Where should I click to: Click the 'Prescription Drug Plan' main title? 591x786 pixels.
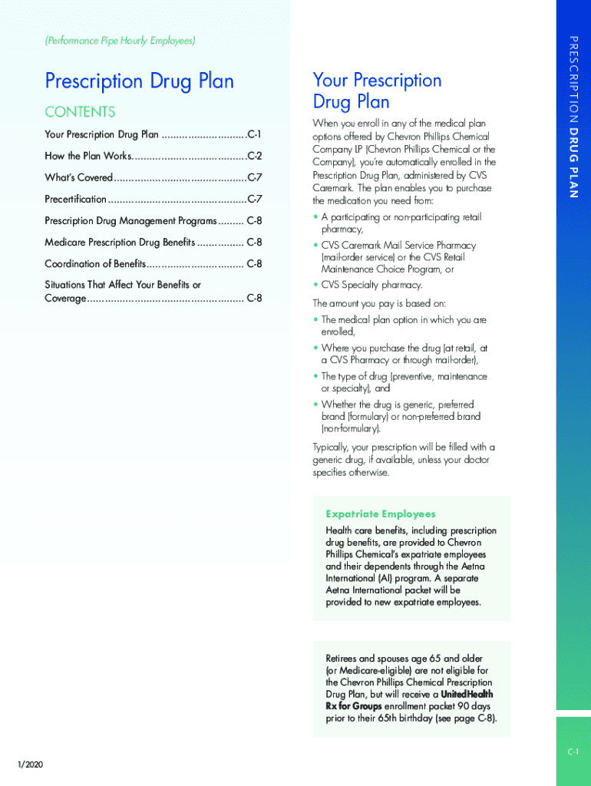pyautogui.click(x=139, y=81)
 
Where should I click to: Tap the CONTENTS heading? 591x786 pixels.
pyautogui.click(x=80, y=112)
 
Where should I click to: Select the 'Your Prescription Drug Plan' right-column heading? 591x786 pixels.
pyautogui.click(x=377, y=91)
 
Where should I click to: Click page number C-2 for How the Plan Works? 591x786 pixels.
pyautogui.click(x=254, y=156)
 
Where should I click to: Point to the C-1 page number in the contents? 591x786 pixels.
pyautogui.click(x=254, y=134)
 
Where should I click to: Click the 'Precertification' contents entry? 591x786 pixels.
pyautogui.click(x=75, y=199)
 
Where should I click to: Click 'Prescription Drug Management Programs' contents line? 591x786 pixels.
pyautogui.click(x=130, y=220)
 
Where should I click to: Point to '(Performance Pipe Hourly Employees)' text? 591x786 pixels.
pyautogui.click(x=120, y=40)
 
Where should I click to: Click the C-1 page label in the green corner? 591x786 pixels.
pyautogui.click(x=573, y=752)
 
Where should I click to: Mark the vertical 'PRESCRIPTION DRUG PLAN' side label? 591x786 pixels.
pyautogui.click(x=573, y=116)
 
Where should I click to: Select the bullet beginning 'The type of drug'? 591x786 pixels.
pyautogui.click(x=404, y=376)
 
